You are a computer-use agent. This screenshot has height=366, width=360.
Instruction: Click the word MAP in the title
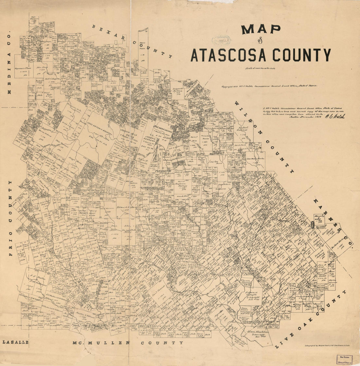pyautogui.click(x=261, y=29)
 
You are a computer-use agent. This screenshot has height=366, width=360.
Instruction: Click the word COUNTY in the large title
pyautogui.click(x=302, y=55)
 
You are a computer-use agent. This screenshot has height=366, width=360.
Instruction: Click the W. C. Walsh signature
pyautogui.click(x=335, y=116)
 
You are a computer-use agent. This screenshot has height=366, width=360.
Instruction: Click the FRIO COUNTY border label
pyautogui.click(x=10, y=218)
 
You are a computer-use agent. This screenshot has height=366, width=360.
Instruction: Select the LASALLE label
pyautogui.click(x=15, y=342)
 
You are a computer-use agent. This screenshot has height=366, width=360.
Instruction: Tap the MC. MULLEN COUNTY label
pyautogui.click(x=128, y=343)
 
